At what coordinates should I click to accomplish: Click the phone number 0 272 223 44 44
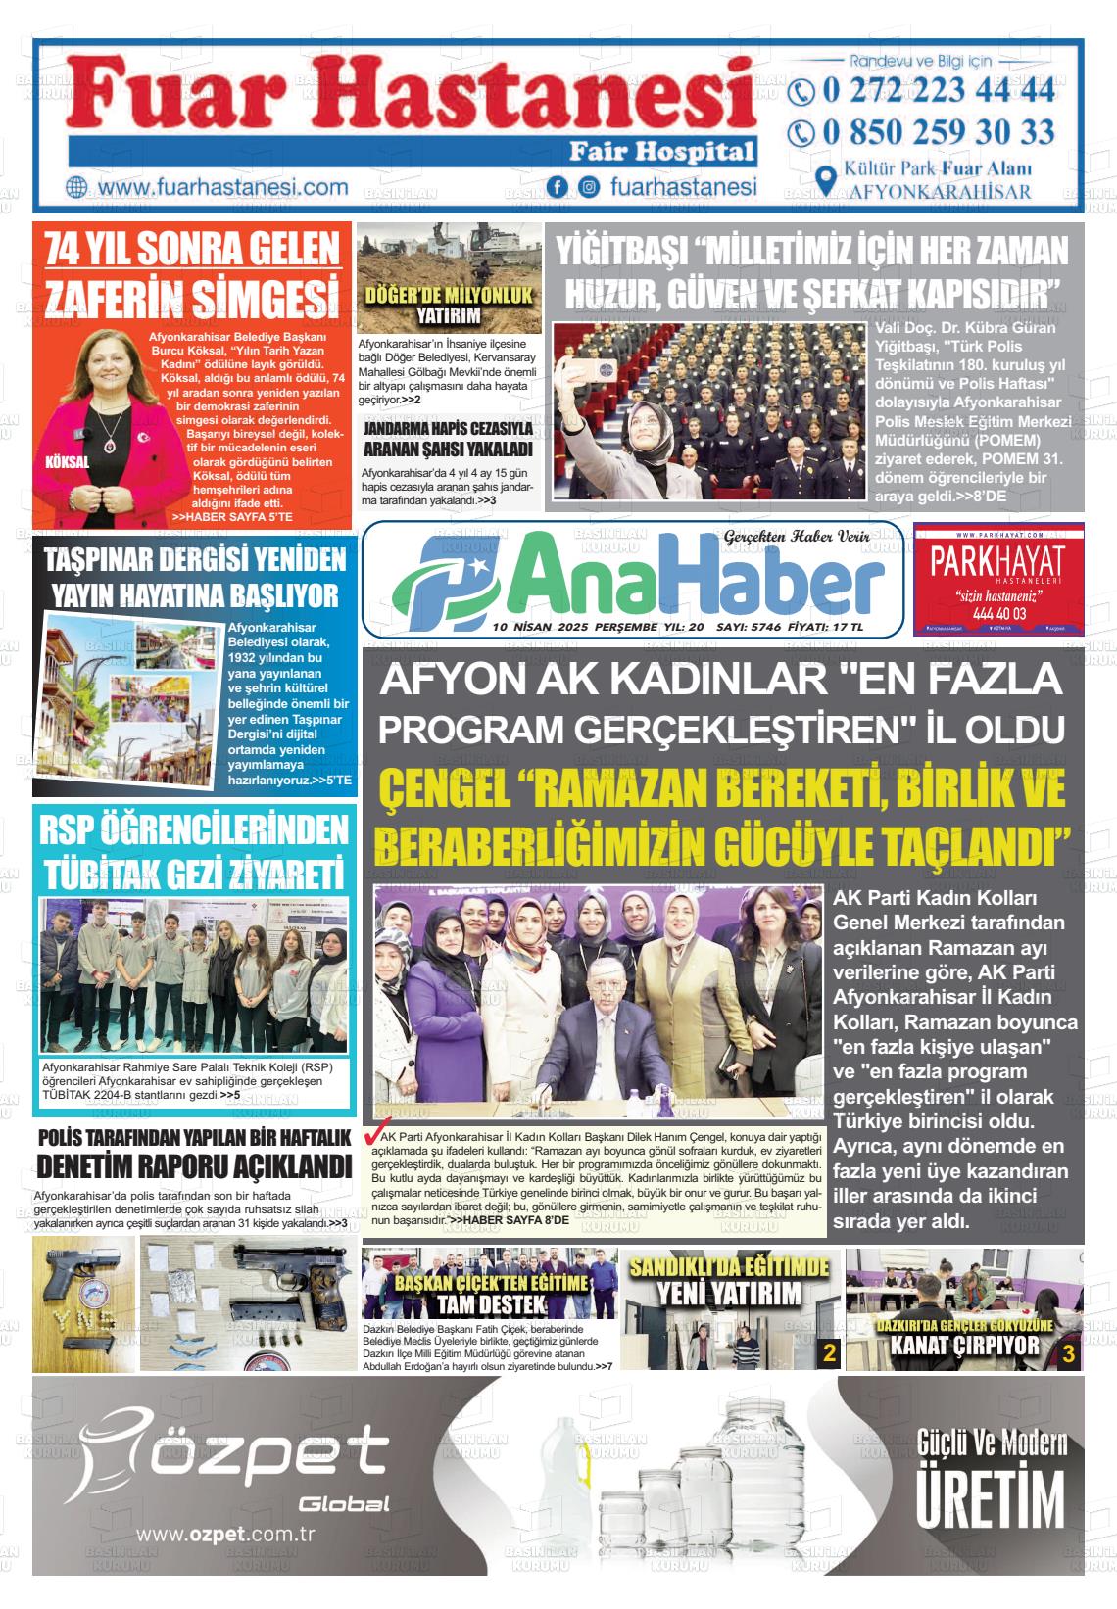(x=938, y=91)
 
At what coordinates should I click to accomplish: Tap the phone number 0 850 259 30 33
(x=938, y=132)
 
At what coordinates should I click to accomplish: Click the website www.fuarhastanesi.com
(x=223, y=187)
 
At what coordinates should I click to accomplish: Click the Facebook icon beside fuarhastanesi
(x=558, y=187)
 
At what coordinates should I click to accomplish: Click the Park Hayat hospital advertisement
(x=997, y=580)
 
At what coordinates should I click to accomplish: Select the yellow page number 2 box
(x=829, y=1354)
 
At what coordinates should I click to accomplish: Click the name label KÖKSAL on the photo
(x=67, y=461)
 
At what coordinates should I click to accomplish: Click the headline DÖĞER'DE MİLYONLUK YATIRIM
(x=448, y=306)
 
